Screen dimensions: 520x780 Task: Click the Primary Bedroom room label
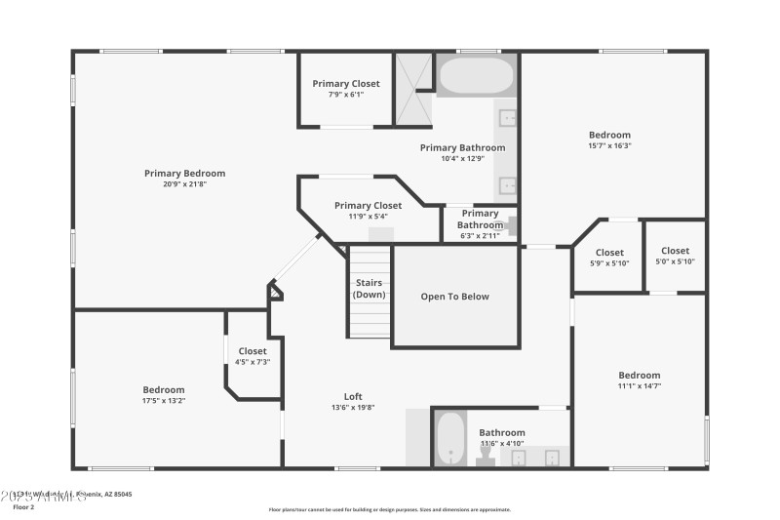[184, 174]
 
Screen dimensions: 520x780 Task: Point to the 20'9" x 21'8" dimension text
[184, 183]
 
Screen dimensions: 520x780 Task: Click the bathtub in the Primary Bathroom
[476, 75]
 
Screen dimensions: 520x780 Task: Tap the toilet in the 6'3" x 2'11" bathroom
[509, 222]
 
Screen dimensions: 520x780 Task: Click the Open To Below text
[454, 297]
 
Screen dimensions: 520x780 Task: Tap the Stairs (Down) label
[370, 289]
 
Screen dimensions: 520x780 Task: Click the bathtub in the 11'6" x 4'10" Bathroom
[449, 439]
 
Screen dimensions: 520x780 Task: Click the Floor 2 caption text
[23, 507]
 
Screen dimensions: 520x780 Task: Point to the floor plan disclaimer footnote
[389, 509]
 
